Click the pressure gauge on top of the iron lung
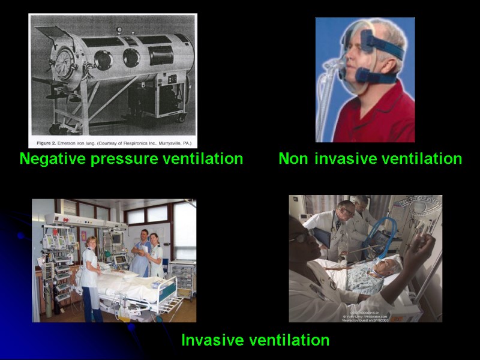(x=119, y=29)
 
